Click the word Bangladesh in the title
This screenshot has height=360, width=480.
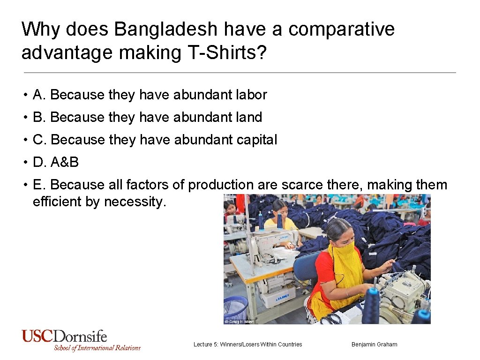[x=166, y=30]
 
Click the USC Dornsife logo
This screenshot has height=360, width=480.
[x=81, y=340]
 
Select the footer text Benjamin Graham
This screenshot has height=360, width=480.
[x=374, y=345]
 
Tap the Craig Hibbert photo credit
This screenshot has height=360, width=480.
[x=239, y=322]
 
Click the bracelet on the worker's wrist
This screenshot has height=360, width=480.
[x=347, y=292]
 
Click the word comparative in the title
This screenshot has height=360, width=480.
[x=341, y=30]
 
